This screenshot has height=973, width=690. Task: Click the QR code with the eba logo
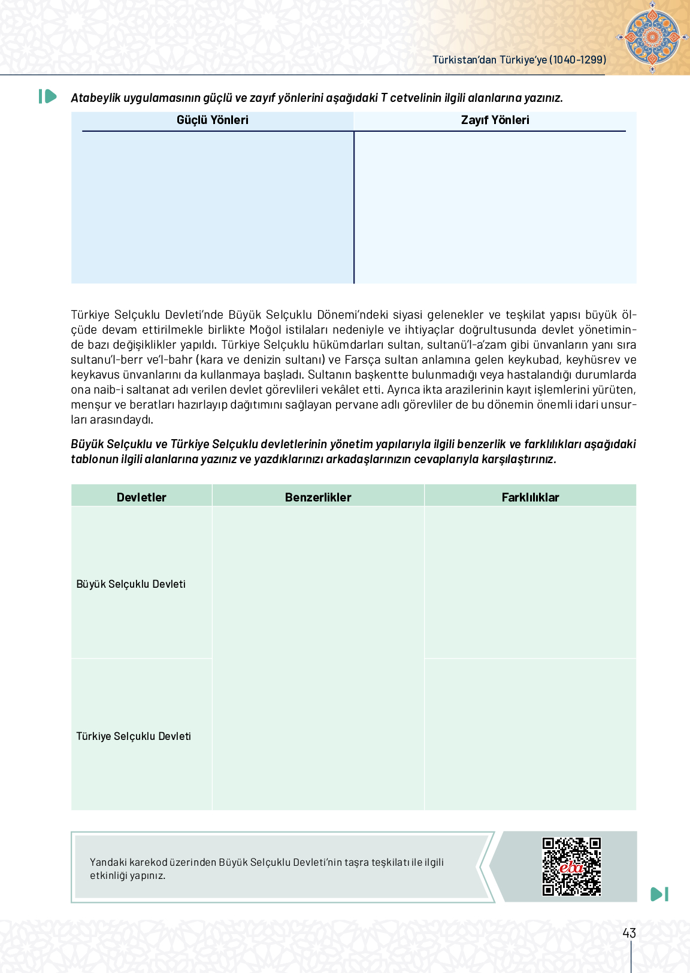click(571, 866)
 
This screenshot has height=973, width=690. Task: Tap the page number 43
click(629, 933)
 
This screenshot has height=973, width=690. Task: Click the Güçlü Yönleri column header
click(212, 120)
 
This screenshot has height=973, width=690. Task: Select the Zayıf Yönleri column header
click(495, 120)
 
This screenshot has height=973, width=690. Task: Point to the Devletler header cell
click(141, 497)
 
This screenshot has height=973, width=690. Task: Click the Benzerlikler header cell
click(318, 497)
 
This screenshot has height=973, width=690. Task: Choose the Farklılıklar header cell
click(530, 497)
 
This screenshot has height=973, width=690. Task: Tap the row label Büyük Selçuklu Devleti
click(131, 584)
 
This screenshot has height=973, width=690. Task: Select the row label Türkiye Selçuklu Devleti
click(134, 736)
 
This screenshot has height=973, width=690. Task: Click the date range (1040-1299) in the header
click(578, 60)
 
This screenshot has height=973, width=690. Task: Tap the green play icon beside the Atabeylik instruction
click(47, 96)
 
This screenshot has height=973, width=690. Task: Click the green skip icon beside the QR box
click(659, 894)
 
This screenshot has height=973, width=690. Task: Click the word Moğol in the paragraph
click(265, 330)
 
